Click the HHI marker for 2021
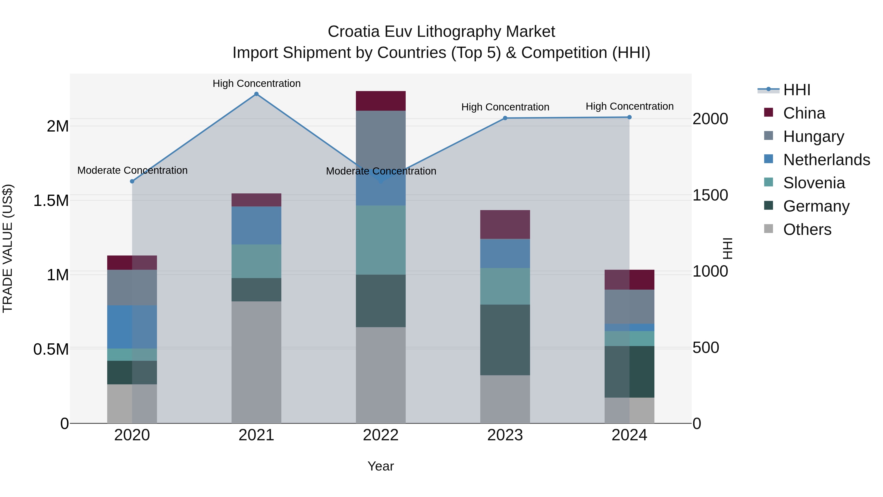pyautogui.click(x=256, y=94)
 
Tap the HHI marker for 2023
pyautogui.click(x=505, y=118)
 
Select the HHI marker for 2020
pyautogui.click(x=132, y=181)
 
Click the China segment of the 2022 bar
pyautogui.click(x=380, y=101)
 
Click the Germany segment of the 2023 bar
pyautogui.click(x=505, y=340)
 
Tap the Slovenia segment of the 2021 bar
pyautogui.click(x=256, y=261)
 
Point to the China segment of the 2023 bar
pyautogui.click(x=505, y=224)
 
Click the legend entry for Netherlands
pyautogui.click(x=826, y=160)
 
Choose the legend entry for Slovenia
pyautogui.click(x=814, y=183)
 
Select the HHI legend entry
pyautogui.click(x=796, y=90)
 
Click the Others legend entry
pyautogui.click(x=807, y=229)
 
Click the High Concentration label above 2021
pyautogui.click(x=256, y=83)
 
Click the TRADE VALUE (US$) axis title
pyautogui.click(x=8, y=248)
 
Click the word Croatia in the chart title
pyautogui.click(x=353, y=32)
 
